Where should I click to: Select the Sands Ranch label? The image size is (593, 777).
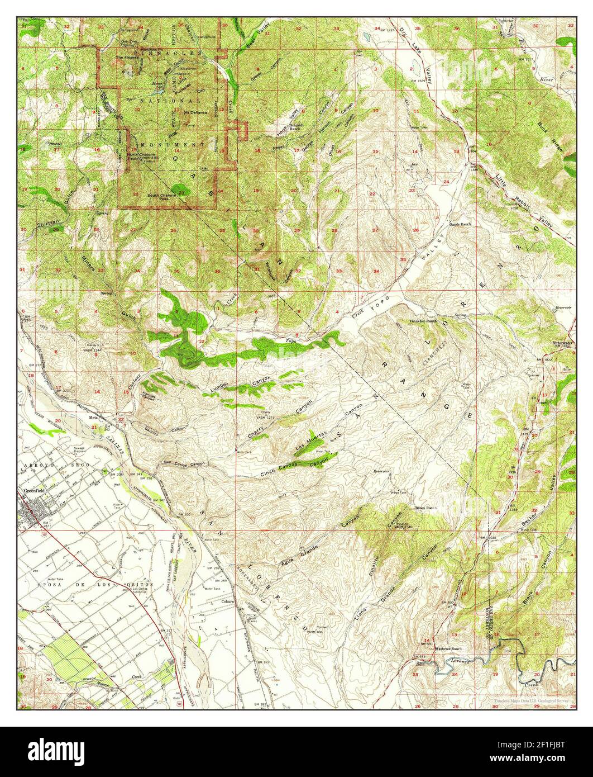461,223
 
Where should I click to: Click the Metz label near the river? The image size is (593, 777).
93,417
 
